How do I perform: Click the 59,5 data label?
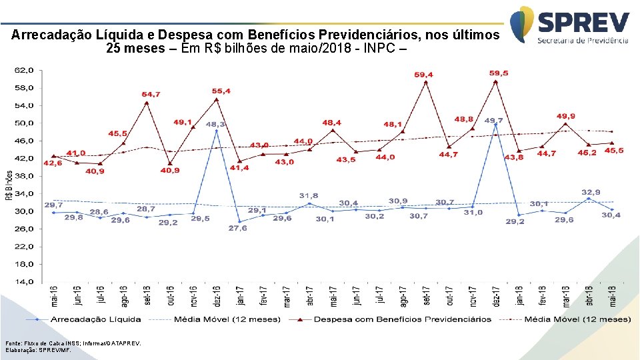click(x=498, y=73)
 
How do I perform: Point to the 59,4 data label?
click(x=423, y=75)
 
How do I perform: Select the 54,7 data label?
click(x=150, y=95)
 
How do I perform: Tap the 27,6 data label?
click(x=238, y=228)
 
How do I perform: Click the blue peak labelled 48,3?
click(x=216, y=130)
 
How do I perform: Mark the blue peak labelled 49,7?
click(x=495, y=125)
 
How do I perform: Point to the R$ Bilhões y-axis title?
click(x=9, y=186)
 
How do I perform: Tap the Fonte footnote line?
click(x=73, y=343)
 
